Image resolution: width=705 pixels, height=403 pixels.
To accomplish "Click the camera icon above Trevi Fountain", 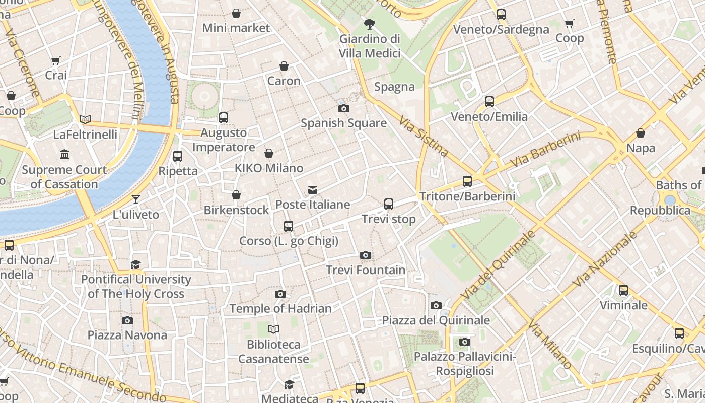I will pos(366,255).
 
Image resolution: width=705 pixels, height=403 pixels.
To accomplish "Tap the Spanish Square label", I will pos(343,123).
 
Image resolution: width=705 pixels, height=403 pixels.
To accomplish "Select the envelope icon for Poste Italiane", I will pos(313,190).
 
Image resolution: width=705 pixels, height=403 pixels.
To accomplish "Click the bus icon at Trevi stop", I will pos(388,204).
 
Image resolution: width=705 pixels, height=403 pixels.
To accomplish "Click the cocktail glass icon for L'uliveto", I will pos(136,199).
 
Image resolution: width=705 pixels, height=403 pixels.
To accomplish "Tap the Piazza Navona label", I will pos(127,335).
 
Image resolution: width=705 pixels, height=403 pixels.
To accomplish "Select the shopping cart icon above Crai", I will pos(56,60).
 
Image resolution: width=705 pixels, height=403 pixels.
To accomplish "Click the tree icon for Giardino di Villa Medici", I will pos(370,24).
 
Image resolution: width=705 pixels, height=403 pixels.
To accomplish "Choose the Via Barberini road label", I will pos(545,150).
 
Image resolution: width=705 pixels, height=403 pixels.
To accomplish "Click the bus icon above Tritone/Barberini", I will pos(467,181).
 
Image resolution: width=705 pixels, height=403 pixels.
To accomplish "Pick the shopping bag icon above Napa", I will pos(641,133).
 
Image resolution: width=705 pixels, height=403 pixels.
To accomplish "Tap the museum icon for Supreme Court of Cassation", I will pos(64,154).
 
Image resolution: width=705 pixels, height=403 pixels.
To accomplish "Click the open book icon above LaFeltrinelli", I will pos(85,119).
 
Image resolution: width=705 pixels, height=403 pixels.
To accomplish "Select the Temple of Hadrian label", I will pos(280,308).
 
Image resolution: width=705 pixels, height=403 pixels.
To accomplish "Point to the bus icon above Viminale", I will pos(623,290).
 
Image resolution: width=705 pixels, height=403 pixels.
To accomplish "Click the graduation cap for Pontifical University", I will pos(136,264).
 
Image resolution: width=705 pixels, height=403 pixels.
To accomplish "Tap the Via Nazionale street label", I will pos(602,259).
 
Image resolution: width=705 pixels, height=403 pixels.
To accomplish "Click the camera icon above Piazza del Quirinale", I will pos(436,305).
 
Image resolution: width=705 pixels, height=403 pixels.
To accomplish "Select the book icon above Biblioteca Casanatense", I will pos(273,329).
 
